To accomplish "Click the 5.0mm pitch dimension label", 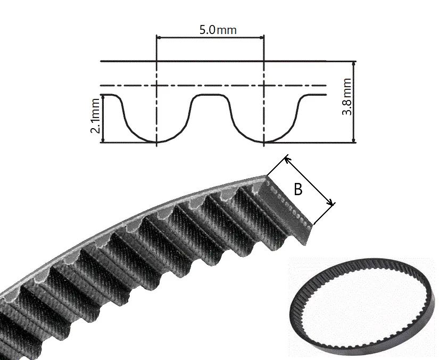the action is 218,30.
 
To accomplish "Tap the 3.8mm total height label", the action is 347,97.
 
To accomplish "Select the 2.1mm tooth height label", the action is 95,116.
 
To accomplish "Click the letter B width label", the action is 298,189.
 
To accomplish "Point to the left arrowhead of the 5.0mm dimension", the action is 159,37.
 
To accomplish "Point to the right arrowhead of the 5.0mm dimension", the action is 262,37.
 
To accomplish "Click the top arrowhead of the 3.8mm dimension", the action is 354,63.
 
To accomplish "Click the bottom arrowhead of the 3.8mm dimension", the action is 354,140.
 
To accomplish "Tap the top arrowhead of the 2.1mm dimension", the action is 103,97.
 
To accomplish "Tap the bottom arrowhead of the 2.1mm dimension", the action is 103,140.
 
